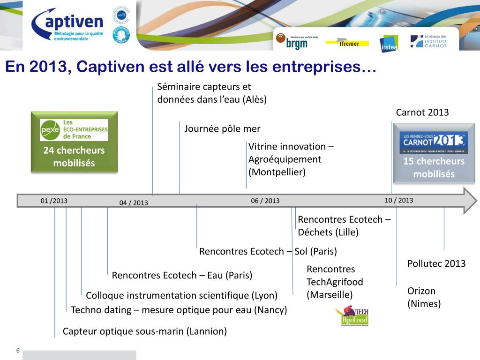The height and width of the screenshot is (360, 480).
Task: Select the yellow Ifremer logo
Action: coord(347,44)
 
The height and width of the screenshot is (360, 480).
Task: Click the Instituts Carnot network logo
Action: coord(428,41)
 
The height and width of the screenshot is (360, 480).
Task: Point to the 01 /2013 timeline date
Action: coord(54,201)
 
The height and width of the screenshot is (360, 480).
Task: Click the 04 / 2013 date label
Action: coord(134,202)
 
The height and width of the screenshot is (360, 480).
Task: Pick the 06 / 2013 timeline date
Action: coord(265,201)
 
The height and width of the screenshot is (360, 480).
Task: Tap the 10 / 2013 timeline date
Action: coord(399,200)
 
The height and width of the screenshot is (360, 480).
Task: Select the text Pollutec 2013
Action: coord(436,263)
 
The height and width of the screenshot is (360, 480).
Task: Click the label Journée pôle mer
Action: coord(222,129)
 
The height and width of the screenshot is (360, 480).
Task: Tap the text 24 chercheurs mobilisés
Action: coord(74,157)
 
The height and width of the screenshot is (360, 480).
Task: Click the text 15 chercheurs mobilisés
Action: coord(434,168)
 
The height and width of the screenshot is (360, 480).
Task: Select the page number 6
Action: coord(18,351)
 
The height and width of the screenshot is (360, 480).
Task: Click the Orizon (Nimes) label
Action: coord(424,297)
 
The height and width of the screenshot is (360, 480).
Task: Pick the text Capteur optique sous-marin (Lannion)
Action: coord(145,331)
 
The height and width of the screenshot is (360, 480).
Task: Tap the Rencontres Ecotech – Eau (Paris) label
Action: coord(182,275)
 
